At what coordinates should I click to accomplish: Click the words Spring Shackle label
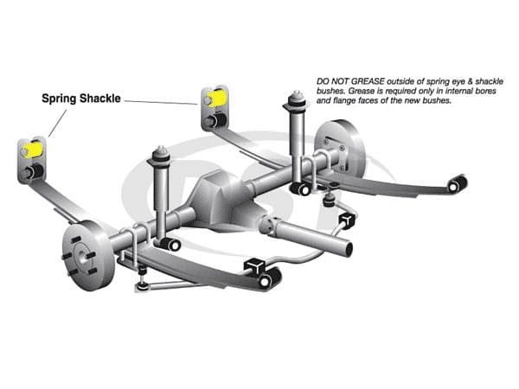pos(81,99)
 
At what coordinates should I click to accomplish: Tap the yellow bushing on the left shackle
pos(33,150)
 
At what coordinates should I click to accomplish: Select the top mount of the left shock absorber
pos(160,156)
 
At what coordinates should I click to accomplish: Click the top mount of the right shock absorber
pos(296,100)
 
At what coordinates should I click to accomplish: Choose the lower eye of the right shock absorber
pos(301,188)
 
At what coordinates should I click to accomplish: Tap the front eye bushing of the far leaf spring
pos(457,184)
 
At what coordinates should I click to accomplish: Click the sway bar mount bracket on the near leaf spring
pos(255,265)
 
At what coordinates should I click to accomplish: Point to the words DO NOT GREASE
pos(350,81)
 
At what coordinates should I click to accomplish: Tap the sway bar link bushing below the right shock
pos(329,200)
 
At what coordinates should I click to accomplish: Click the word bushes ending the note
pos(436,100)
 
